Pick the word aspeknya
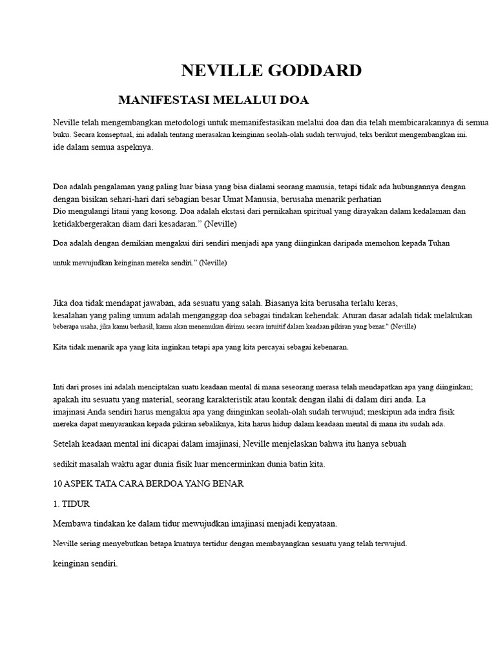(132, 148)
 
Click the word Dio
(59, 211)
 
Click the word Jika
(61, 303)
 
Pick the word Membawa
(73, 524)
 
